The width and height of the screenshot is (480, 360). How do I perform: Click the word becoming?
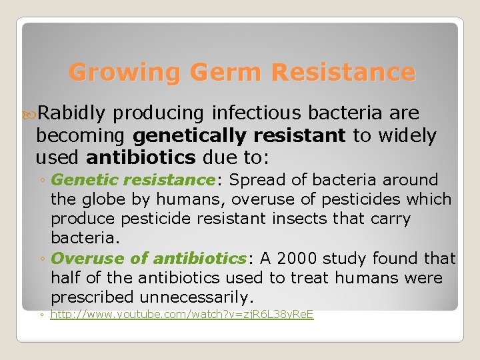(81, 136)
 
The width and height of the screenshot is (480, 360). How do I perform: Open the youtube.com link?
(182, 314)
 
